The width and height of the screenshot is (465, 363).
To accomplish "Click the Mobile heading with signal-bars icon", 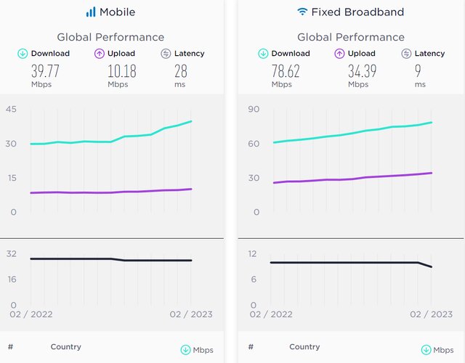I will tap(110, 12).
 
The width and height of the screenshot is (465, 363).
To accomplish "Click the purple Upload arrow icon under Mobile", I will tap(100, 53).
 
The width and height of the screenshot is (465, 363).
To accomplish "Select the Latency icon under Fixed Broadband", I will tap(405, 53).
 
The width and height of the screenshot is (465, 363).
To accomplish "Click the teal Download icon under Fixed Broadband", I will tap(263, 53).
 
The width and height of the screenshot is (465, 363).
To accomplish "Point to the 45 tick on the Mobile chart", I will tap(12, 109).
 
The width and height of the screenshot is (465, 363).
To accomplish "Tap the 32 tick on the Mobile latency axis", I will tap(12, 253).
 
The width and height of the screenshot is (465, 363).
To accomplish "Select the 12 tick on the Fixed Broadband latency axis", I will tap(254, 253).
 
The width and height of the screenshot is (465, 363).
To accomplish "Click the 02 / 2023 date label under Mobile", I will tap(190, 314).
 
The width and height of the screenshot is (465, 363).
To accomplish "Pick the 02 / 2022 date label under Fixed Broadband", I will tap(270, 314).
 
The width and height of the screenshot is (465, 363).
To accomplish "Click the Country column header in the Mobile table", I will tap(65, 347).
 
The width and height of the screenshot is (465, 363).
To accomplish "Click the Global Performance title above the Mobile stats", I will tap(110, 37).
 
